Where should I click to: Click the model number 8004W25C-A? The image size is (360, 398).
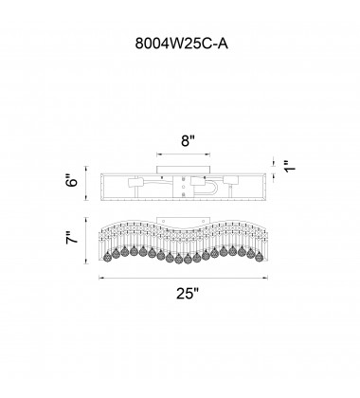tap(182, 44)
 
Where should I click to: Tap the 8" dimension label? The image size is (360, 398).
tap(189, 141)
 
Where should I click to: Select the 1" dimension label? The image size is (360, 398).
tap(291, 166)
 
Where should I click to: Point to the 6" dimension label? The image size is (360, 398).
tap(72, 183)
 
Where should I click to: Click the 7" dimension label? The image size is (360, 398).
tap(72, 238)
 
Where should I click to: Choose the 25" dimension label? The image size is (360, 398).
tap(188, 294)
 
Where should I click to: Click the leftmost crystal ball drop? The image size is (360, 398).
tap(107, 257)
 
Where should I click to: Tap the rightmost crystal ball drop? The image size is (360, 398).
tap(260, 257)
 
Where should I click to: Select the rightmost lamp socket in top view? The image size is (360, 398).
tap(230, 180)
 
